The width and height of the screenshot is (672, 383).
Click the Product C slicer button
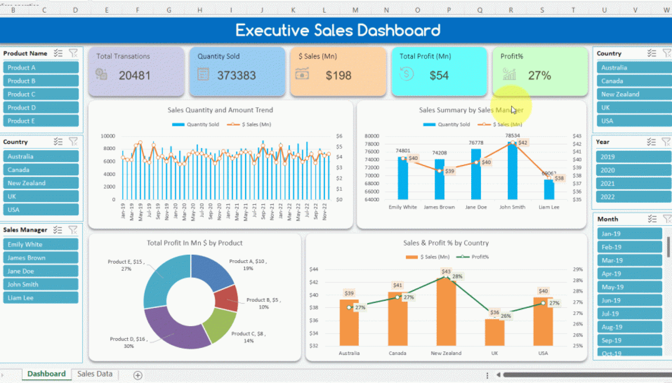pyautogui.click(x=41, y=94)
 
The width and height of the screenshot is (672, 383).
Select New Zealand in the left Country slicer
pyautogui.click(x=41, y=183)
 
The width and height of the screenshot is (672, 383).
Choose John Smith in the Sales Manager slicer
pyautogui.click(x=41, y=284)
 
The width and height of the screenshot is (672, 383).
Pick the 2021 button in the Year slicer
pyautogui.click(x=632, y=184)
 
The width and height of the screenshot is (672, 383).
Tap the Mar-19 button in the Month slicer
pyautogui.click(x=629, y=261)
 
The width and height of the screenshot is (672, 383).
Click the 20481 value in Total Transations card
pyautogui.click(x=135, y=75)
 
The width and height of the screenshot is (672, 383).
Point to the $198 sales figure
pyautogui.click(x=338, y=75)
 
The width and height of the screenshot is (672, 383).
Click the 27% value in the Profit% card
pyautogui.click(x=540, y=75)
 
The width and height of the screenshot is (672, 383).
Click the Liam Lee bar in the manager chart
pyautogui.click(x=549, y=190)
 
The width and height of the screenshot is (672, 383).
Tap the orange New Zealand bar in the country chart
pyautogui.click(x=446, y=312)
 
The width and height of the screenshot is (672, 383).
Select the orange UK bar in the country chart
pyautogui.click(x=495, y=332)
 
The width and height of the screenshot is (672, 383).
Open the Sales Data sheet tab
pyautogui.click(x=95, y=374)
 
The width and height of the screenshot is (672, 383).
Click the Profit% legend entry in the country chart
pyautogui.click(x=473, y=257)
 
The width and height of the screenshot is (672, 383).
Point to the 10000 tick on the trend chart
pyautogui.click(x=108, y=136)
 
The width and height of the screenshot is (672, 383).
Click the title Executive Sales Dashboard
pyautogui.click(x=338, y=30)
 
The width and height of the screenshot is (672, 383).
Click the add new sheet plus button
pyautogui.click(x=138, y=375)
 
